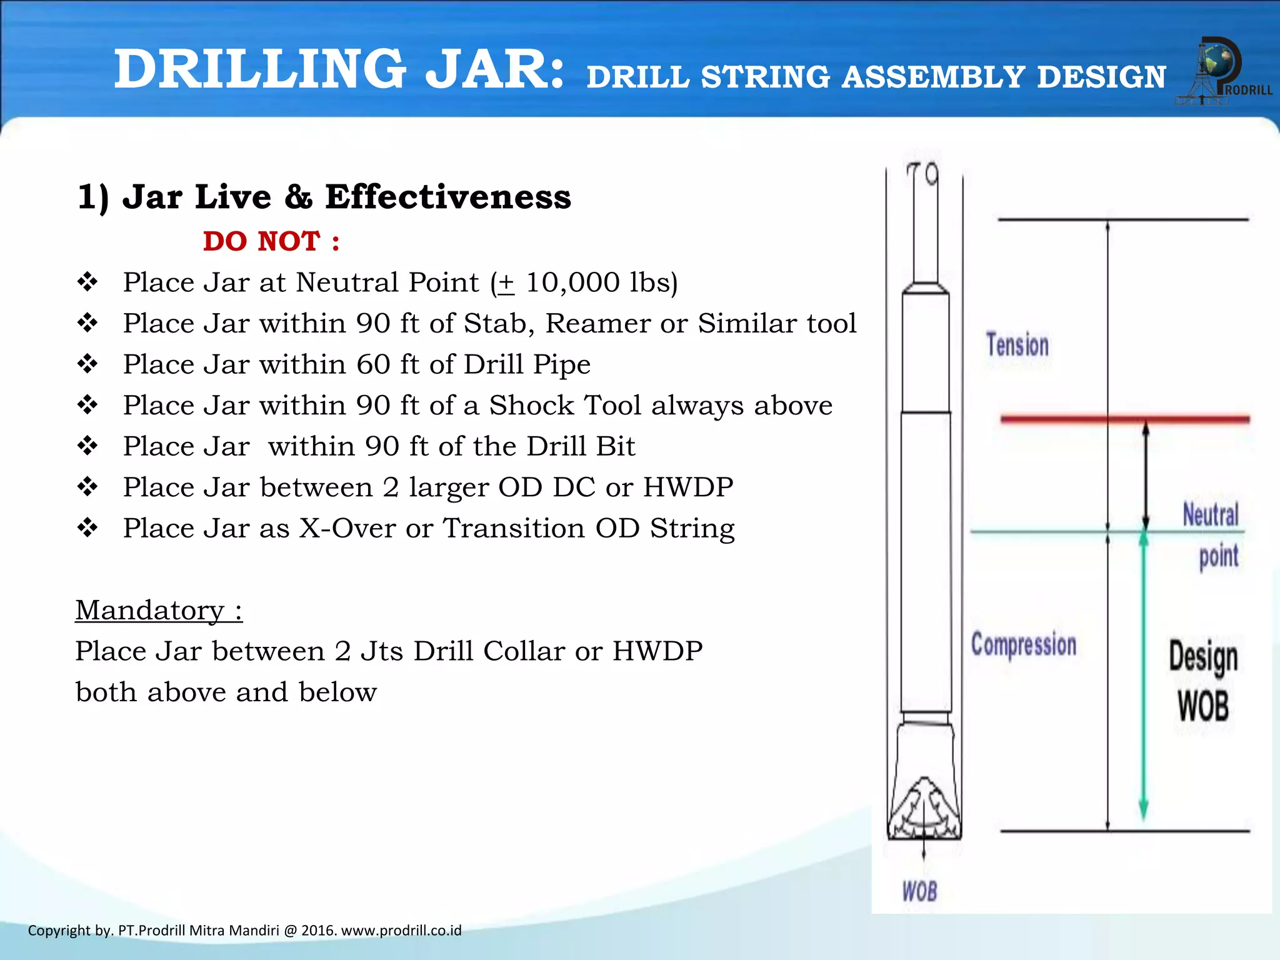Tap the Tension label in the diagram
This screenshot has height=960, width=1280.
tap(1017, 346)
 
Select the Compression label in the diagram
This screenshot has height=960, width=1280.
tap(1023, 644)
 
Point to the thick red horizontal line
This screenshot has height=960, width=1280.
tap(1124, 419)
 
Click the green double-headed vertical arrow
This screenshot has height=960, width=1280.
tap(1143, 675)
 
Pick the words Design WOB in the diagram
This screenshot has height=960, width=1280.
tap(1203, 681)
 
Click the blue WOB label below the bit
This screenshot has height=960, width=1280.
tap(919, 891)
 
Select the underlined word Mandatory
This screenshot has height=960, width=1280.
tap(150, 610)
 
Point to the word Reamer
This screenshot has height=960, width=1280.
tap(597, 324)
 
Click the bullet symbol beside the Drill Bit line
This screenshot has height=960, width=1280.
tap(87, 446)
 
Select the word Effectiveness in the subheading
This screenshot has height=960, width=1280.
tap(447, 197)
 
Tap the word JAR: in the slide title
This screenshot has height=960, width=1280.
tap(494, 69)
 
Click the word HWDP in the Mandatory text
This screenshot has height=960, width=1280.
tap(657, 651)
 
